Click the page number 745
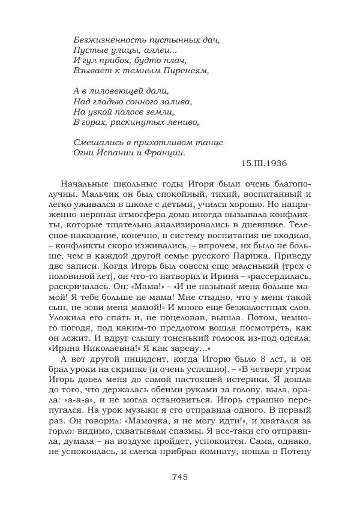180,477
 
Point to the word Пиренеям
182,71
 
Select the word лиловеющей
119,92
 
